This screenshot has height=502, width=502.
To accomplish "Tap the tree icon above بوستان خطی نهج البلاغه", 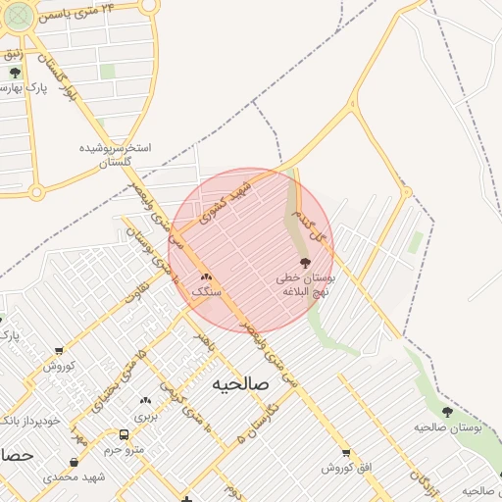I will pos(304,263).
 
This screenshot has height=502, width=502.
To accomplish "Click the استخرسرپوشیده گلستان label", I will pos(116,155).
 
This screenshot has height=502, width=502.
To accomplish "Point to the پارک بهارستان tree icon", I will pos(14,73).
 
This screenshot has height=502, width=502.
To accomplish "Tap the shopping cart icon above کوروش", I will pos(59,350).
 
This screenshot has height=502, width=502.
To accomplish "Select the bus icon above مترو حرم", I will pos(124,434).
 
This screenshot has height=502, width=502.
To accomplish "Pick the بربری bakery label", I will pos(145,416).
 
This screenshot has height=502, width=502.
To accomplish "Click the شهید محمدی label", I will pos(75,477).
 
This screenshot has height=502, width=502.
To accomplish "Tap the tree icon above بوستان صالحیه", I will pos(447,413).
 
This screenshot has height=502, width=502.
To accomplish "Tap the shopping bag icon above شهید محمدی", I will pos(75,462).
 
